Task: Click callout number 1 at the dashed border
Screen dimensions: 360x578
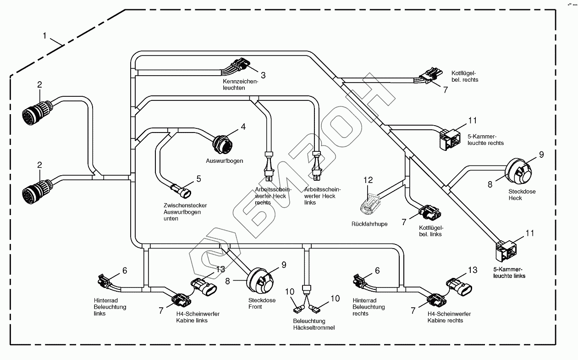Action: (x=45, y=35)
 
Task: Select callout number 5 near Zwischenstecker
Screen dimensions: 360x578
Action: (x=198, y=178)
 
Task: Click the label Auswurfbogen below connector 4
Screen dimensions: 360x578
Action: (x=225, y=161)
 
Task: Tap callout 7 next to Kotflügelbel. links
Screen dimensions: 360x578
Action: (x=404, y=222)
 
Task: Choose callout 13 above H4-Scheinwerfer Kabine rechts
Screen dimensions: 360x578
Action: (x=472, y=270)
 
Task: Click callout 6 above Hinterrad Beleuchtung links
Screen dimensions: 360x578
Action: (x=124, y=271)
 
